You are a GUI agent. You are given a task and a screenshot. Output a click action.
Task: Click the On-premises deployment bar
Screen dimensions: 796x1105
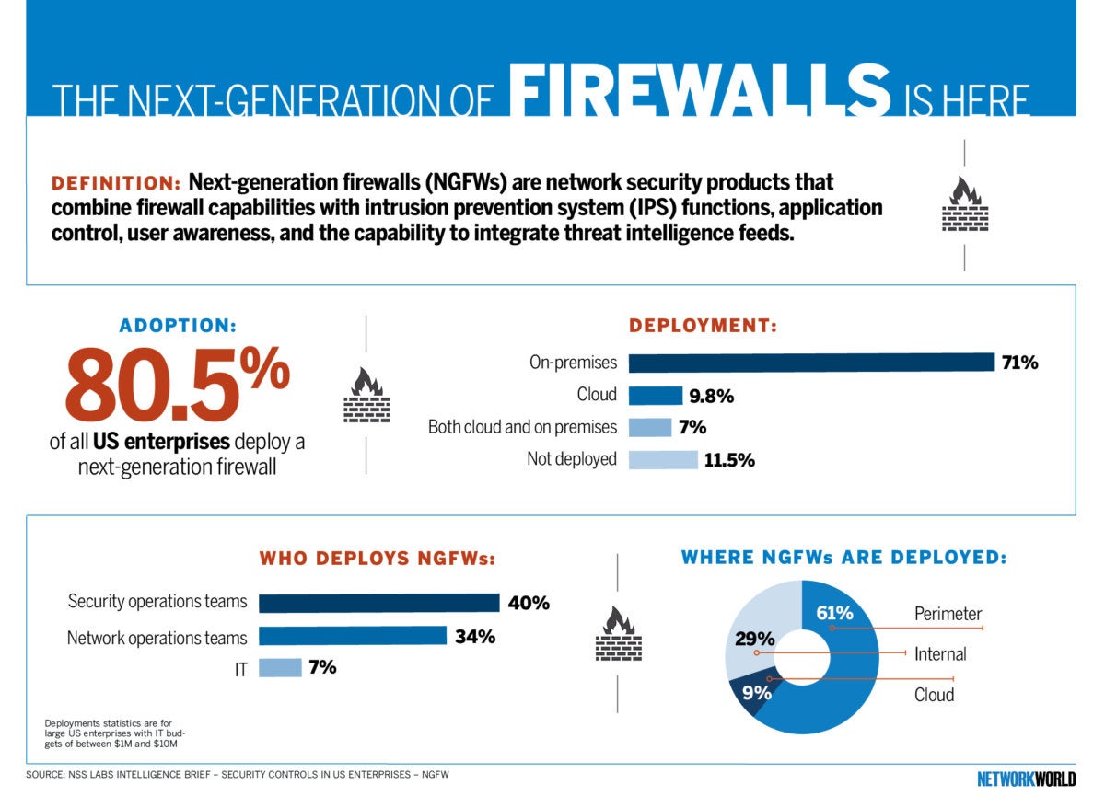tap(811, 363)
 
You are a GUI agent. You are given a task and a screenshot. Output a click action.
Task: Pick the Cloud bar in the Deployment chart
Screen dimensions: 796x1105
tap(655, 396)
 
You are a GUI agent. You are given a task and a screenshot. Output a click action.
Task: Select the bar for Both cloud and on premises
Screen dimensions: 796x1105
tap(650, 427)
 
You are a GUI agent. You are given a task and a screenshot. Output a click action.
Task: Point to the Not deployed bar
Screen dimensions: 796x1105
tap(663, 459)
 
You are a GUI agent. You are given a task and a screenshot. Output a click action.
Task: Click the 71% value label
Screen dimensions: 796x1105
tap(1020, 363)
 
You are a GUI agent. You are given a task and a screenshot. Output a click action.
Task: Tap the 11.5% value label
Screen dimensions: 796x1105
tap(729, 460)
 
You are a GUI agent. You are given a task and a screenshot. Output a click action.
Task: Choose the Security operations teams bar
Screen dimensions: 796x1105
tap(378, 603)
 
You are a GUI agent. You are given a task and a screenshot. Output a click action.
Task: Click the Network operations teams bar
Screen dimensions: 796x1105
tap(352, 636)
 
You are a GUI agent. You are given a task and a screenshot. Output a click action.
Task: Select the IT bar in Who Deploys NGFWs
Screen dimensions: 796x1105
tap(280, 668)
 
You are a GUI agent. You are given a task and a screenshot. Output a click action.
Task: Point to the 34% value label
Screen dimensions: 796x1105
tap(475, 636)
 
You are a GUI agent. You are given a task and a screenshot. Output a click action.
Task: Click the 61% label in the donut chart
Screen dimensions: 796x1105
tap(834, 612)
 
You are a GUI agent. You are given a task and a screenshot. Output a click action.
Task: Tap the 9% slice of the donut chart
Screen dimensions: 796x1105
tap(750, 692)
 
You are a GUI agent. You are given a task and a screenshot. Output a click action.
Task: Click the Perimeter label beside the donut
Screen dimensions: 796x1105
tap(948, 614)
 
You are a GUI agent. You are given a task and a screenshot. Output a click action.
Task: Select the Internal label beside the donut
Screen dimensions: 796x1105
tap(940, 654)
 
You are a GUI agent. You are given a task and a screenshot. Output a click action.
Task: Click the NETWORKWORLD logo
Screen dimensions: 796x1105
tap(1026, 778)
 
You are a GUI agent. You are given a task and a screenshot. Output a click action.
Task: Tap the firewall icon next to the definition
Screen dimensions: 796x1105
tap(964, 204)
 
